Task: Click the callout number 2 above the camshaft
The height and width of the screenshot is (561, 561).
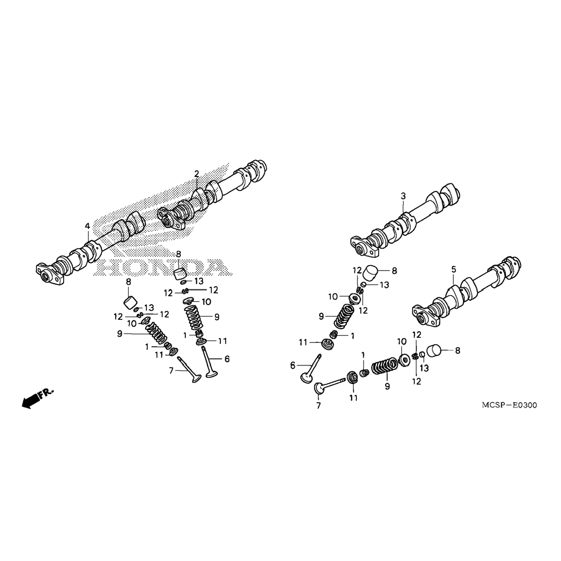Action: (x=196, y=174)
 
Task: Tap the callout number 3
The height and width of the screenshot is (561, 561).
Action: (x=403, y=196)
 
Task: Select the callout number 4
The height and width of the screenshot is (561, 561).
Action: (x=87, y=226)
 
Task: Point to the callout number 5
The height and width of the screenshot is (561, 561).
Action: (x=454, y=269)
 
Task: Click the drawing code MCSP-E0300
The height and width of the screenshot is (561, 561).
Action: (x=509, y=405)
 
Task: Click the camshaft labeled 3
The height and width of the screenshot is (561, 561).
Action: (x=405, y=220)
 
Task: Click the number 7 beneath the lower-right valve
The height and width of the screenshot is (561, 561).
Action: (x=319, y=406)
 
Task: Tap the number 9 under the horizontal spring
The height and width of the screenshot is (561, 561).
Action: (x=387, y=386)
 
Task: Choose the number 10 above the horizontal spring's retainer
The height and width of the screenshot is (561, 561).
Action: (x=402, y=341)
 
